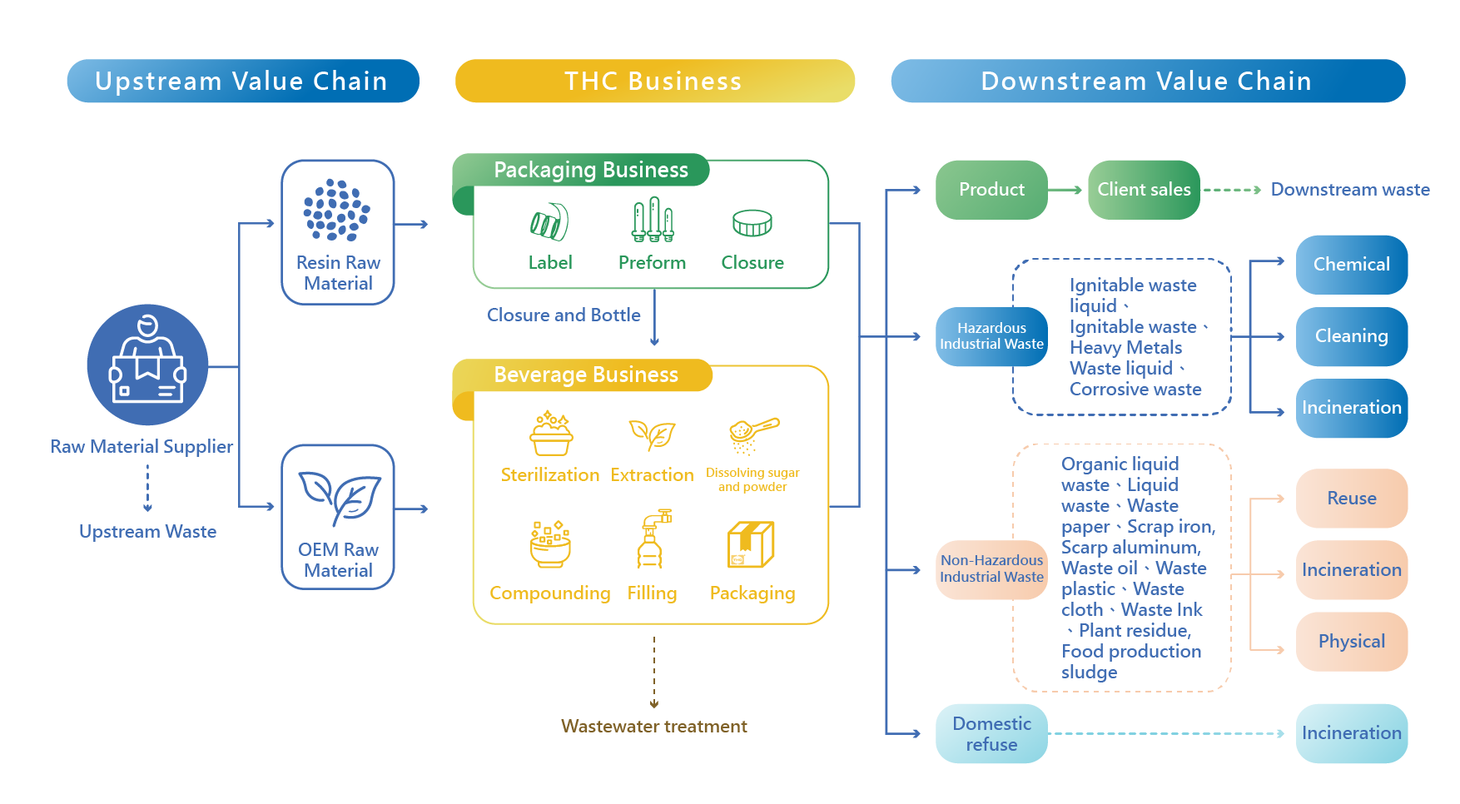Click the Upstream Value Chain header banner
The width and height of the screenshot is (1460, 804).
(242, 82)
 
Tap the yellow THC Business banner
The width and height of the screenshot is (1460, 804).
(654, 82)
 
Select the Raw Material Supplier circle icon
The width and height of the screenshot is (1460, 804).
(147, 365)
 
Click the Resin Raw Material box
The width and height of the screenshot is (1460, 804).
(338, 232)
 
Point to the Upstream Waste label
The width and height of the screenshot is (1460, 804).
(147, 532)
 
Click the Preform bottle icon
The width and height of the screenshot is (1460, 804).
(653, 221)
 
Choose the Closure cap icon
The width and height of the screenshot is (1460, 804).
(752, 222)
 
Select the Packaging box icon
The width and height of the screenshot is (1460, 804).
(752, 544)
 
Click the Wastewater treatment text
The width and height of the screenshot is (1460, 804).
(654, 727)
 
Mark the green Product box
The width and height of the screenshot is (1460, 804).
(991, 190)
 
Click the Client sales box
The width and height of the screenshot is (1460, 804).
(1144, 190)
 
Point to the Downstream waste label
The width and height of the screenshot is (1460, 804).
(1349, 190)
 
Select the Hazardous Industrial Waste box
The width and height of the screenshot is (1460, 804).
(991, 336)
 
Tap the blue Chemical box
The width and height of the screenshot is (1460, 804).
(1351, 265)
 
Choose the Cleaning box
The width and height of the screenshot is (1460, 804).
(1351, 336)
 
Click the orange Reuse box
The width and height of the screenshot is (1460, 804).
(1351, 499)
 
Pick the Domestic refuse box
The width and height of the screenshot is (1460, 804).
(991, 734)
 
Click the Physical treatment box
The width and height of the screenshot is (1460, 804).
(1351, 642)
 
